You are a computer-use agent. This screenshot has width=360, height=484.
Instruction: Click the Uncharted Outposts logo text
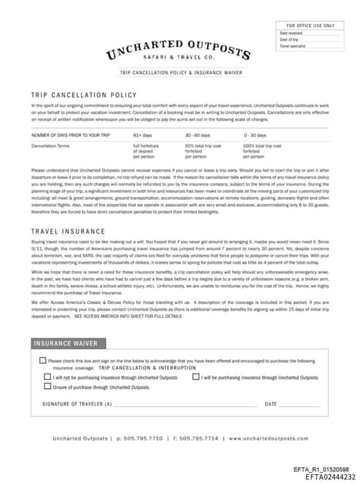pyautogui.click(x=179, y=49)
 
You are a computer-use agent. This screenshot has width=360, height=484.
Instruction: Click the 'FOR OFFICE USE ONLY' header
pyautogui.click(x=310, y=26)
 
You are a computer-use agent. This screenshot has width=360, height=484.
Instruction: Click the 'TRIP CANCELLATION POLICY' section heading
pyautogui.click(x=84, y=94)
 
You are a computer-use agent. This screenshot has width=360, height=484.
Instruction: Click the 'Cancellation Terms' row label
pyautogui.click(x=51, y=146)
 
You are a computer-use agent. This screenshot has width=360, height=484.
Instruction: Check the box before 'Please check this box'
pyautogui.click(x=42, y=361)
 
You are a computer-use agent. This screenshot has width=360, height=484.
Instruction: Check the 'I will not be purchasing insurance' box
pyautogui.click(x=48, y=378)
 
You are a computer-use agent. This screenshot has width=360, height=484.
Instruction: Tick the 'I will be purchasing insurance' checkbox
pyautogui.click(x=196, y=378)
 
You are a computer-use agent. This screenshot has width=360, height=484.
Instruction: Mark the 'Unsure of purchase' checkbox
pyautogui.click(x=48, y=387)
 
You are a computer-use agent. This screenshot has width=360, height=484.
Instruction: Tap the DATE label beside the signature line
pyautogui.click(x=271, y=405)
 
